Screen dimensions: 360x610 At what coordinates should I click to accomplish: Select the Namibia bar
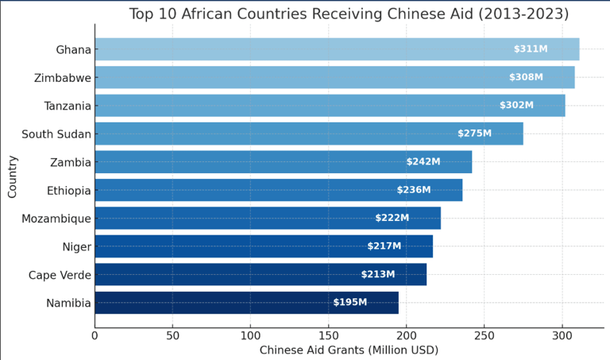[246, 303]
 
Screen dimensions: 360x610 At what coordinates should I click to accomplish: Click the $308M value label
[526, 77]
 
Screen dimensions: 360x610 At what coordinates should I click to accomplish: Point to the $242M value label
[423, 161]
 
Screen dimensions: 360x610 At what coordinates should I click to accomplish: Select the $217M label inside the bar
[384, 246]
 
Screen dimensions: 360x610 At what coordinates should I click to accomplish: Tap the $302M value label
[516, 105]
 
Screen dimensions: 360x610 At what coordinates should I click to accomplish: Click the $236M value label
[414, 190]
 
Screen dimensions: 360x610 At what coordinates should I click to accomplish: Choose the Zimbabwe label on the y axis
[63, 78]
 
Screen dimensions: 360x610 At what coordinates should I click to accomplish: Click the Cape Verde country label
[60, 275]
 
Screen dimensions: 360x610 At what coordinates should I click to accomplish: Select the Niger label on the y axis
[76, 247]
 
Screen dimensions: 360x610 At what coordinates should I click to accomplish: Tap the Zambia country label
[70, 162]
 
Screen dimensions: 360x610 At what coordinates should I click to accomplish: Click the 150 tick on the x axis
[328, 335]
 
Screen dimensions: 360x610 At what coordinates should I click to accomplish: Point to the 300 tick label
[562, 335]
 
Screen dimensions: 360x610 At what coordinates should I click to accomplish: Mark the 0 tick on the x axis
[95, 335]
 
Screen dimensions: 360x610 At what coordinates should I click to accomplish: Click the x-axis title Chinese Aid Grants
[349, 350]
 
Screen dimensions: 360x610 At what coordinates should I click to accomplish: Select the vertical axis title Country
[13, 176]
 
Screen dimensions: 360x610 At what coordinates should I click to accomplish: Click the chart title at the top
[349, 14]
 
